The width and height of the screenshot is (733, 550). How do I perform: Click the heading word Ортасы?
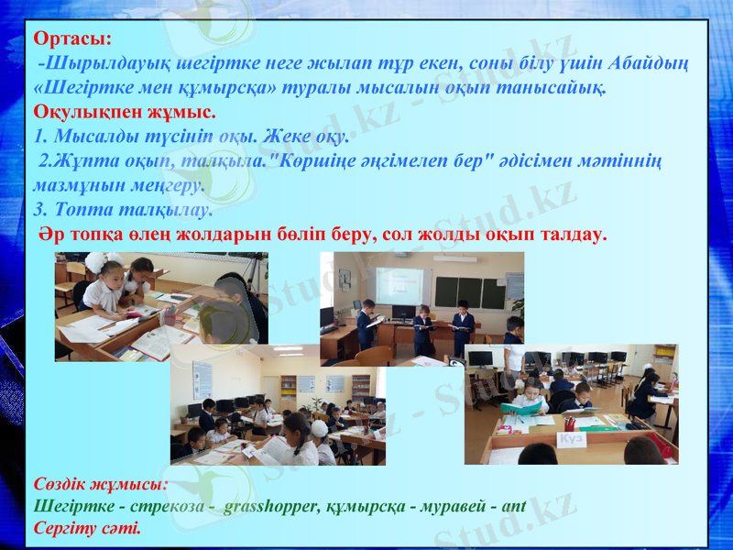click(x=71, y=39)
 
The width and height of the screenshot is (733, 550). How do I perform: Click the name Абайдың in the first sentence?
click(x=651, y=64)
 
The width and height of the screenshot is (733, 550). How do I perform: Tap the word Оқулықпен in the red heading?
click(x=80, y=114)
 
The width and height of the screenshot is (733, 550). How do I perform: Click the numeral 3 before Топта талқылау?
click(x=38, y=210)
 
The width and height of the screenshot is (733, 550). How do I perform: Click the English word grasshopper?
click(x=273, y=505)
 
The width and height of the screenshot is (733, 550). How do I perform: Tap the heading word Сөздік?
click(x=63, y=482)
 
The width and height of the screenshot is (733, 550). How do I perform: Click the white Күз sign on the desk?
click(x=572, y=440)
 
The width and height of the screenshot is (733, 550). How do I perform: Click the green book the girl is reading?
click(x=520, y=406)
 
